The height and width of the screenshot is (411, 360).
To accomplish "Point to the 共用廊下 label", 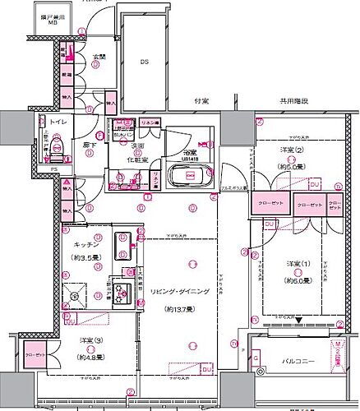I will (x=293, y=101).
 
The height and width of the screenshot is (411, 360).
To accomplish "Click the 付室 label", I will (x=201, y=101).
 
